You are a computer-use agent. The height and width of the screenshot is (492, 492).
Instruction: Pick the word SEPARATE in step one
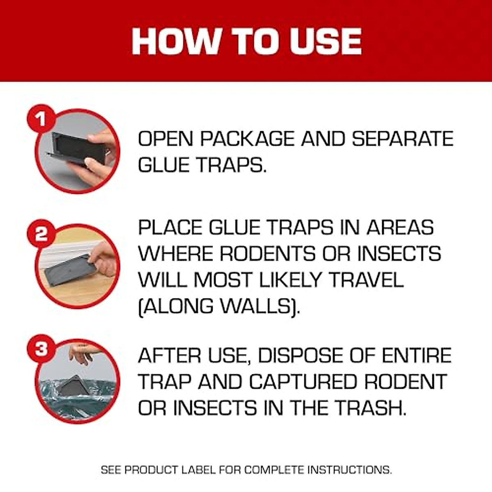pyautogui.click(x=403, y=139)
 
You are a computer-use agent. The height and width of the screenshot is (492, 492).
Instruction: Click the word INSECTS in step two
pyautogui.click(x=399, y=254)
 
